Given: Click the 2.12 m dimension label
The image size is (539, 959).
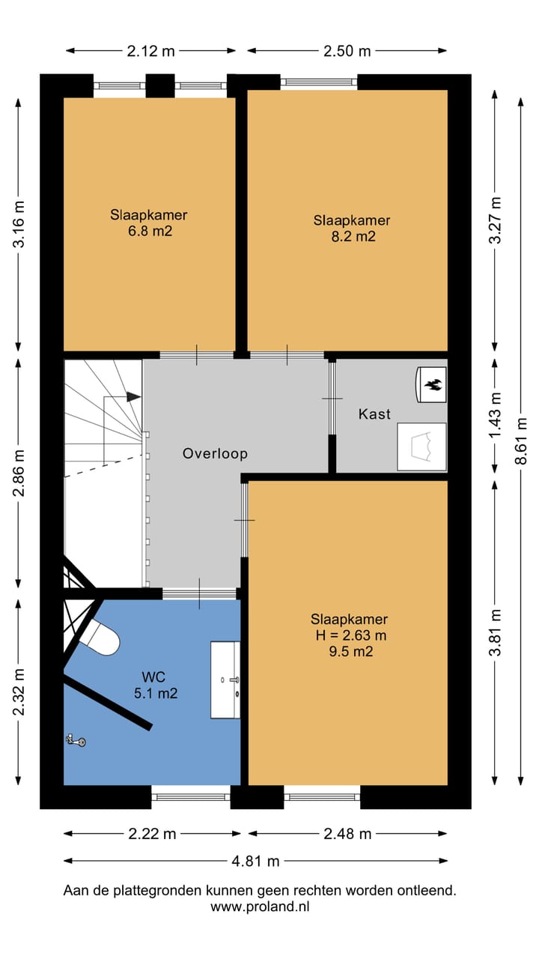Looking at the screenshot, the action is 150,52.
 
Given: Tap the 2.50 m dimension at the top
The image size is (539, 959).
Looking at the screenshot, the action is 347,52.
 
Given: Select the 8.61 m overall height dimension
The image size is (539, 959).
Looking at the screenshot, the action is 520,441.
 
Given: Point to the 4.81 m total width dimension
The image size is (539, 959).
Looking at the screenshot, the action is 255,861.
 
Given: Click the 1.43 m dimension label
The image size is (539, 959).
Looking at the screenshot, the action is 495,415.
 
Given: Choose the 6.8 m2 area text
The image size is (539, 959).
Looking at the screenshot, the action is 150,232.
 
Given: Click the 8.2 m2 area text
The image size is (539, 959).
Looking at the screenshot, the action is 353,236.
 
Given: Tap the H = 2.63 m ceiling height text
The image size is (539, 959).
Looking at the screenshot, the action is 351,635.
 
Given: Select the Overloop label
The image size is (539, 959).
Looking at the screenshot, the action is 215,453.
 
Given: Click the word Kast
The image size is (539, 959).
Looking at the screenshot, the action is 375,414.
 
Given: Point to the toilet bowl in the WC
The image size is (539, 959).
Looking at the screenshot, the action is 101,638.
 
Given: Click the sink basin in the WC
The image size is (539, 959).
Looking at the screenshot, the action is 225,680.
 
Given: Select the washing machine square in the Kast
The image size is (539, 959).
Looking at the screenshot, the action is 421,447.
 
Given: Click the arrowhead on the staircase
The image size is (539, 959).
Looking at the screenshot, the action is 134,397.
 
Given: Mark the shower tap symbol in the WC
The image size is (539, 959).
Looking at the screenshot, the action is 76,740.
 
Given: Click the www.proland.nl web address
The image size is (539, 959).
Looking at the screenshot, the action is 260,907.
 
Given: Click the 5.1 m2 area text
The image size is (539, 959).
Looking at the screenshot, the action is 156,693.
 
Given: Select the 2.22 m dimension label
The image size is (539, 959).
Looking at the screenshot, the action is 152,834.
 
